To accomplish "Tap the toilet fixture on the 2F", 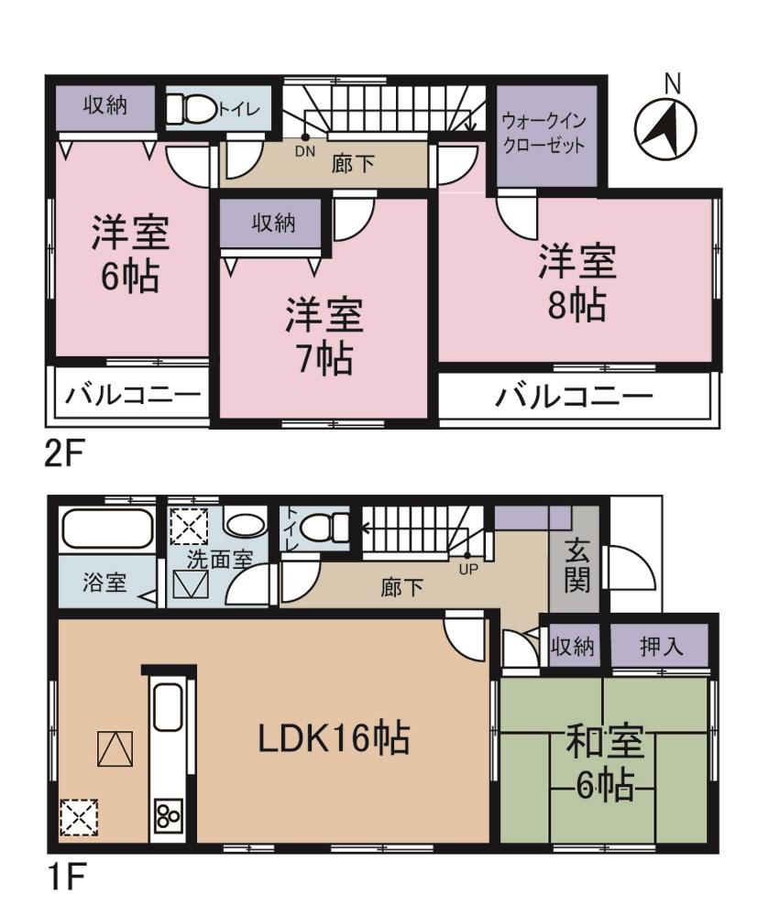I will pyautogui.click(x=196, y=110).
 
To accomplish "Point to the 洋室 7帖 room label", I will pyautogui.click(x=323, y=334).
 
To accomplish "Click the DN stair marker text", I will pyautogui.click(x=304, y=153).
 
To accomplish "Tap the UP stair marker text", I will pyautogui.click(x=467, y=567).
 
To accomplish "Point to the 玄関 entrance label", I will pyautogui.click(x=575, y=565).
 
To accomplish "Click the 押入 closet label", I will pyautogui.click(x=662, y=648).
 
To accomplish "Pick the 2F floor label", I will pyautogui.click(x=64, y=454).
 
